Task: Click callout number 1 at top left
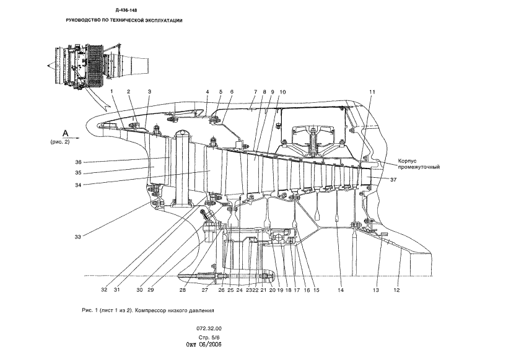coord(112,92)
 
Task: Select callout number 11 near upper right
coord(372,92)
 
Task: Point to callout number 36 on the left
coord(79,162)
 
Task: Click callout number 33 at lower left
coord(78,236)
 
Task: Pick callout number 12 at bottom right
coord(397,289)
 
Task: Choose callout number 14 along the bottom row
coord(341,289)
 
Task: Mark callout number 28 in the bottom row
coord(183,289)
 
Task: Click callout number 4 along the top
coord(207,92)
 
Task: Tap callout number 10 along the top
coord(282,92)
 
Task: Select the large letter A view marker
coord(64,133)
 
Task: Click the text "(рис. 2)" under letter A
coord(61,142)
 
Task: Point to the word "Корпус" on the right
coord(409,159)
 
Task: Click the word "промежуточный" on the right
coord(419,167)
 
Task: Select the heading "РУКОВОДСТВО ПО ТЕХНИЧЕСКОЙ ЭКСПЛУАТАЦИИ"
coord(124,20)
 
